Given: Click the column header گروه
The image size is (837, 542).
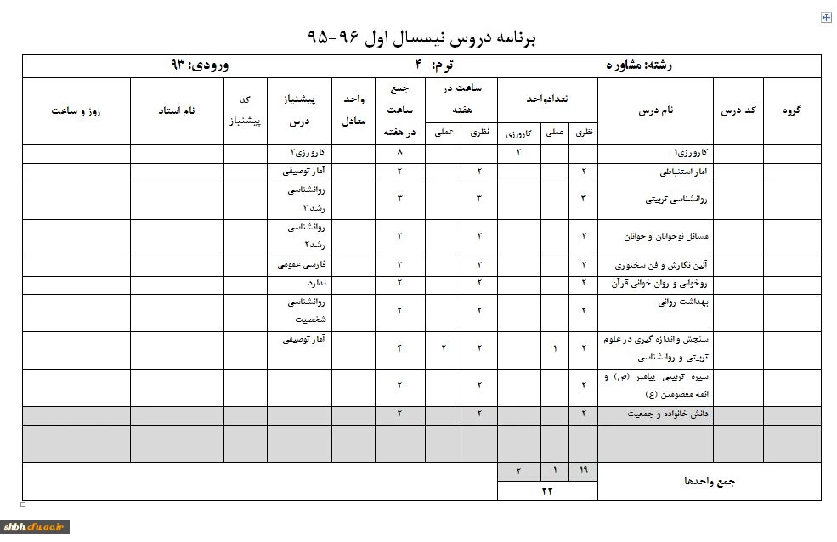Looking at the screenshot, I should [x=791, y=110].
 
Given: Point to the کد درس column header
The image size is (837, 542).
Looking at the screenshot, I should [x=738, y=110].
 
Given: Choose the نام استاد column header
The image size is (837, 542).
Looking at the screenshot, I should [x=177, y=110].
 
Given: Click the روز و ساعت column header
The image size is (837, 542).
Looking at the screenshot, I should [x=76, y=110].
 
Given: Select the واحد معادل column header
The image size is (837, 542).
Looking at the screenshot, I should [x=353, y=110].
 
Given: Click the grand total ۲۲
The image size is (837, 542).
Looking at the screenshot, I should [x=547, y=491].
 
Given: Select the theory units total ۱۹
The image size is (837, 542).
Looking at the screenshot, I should [x=583, y=471].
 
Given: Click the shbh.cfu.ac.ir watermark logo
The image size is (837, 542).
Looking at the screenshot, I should [x=35, y=527].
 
